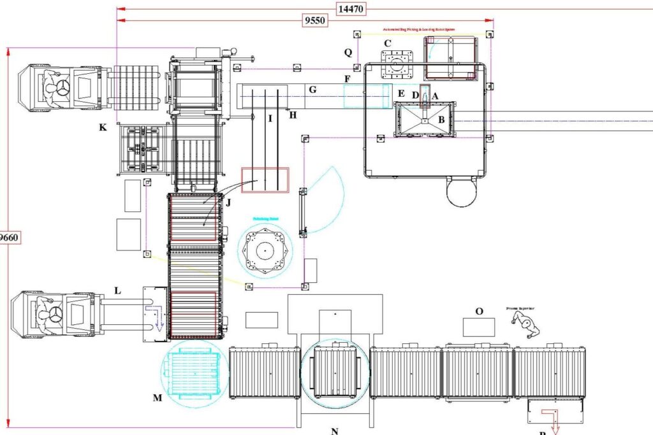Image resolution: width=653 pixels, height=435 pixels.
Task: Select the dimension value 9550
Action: coord(314,21)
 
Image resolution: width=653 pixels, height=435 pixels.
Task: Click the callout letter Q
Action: coord(348,53)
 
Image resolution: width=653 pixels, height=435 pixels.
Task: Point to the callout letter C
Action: coord(387,43)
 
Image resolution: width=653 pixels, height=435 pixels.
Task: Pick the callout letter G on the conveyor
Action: coord(312,90)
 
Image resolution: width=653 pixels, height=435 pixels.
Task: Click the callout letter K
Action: coord(103,128)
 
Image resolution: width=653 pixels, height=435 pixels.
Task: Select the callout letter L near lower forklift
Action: coord(117,290)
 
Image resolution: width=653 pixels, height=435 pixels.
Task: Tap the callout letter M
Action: coord(158,398)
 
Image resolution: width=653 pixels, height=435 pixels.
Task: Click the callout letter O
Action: coord(479,311)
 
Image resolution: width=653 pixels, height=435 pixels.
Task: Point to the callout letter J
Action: coord(228,203)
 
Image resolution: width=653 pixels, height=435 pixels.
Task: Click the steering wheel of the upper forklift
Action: coord(62,88)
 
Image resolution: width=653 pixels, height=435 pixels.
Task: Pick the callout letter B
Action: coord(441,119)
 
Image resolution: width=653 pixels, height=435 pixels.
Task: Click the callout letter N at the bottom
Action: coord(334,431)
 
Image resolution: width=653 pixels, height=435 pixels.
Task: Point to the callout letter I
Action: coord(270,118)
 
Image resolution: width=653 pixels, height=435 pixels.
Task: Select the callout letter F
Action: coord(347,79)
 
